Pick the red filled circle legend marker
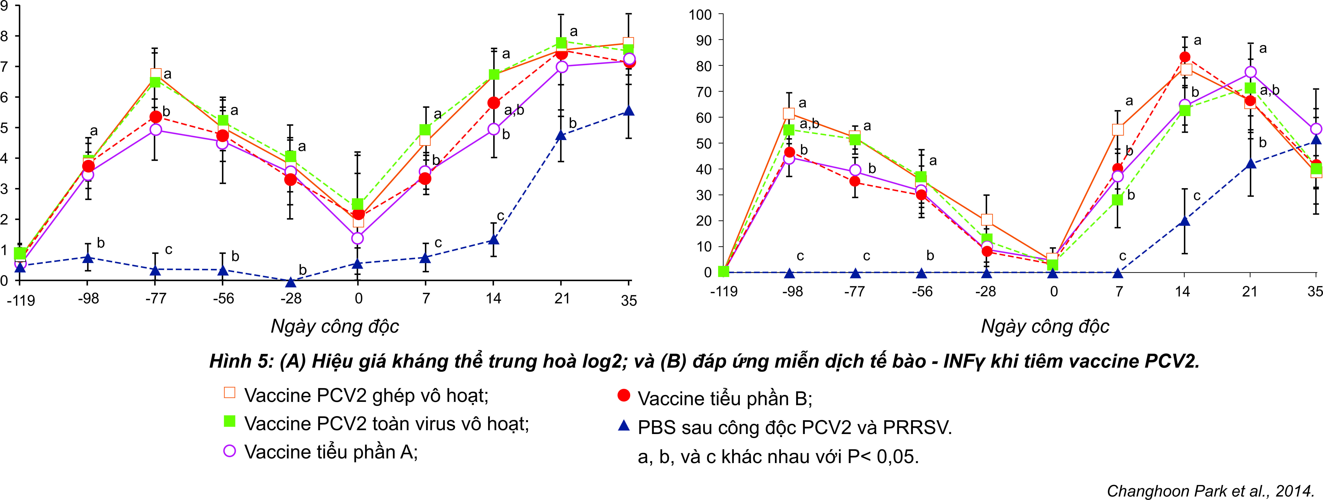click(x=623, y=395)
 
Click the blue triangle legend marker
click(x=623, y=426)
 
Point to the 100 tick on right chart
click(x=700, y=14)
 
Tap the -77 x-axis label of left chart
click(x=156, y=298)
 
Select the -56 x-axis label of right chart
click(x=922, y=292)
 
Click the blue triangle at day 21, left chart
click(x=561, y=135)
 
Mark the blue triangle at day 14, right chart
click(x=1184, y=221)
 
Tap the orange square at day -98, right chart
click(x=789, y=114)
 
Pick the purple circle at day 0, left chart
click(x=358, y=238)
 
